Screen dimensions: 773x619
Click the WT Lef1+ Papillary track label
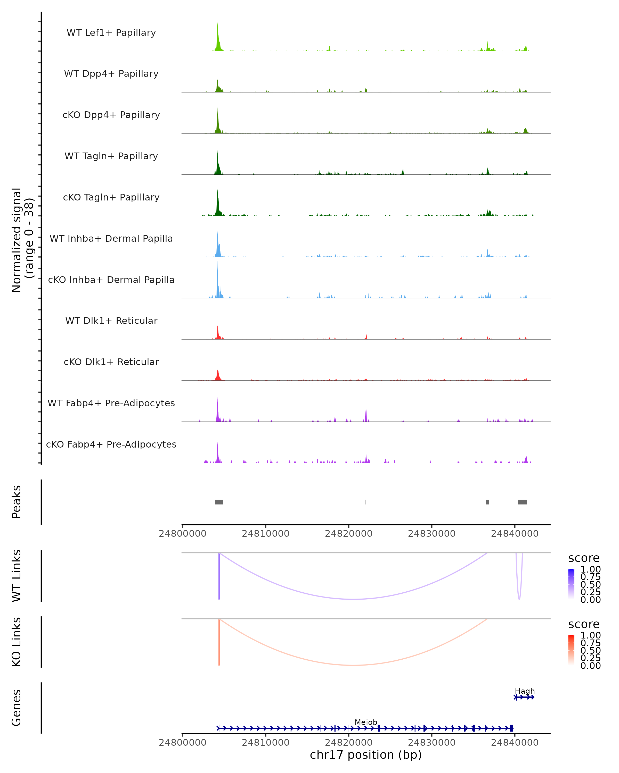click(x=111, y=33)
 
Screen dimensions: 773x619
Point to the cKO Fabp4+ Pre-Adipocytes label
click(x=111, y=444)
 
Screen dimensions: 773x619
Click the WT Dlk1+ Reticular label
click(x=111, y=321)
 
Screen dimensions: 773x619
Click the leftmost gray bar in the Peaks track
click(x=219, y=502)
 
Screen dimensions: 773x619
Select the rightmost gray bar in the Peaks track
click(x=523, y=502)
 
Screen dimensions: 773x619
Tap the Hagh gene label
click(x=525, y=691)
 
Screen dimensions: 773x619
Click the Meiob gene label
click(x=366, y=722)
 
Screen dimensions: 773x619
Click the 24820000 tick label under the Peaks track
click(x=348, y=534)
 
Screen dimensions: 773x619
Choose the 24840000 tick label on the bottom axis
click(x=515, y=743)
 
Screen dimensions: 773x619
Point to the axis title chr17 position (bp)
click(x=366, y=755)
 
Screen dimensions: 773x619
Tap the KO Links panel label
click(x=17, y=642)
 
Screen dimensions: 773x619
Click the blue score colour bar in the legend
click(x=571, y=584)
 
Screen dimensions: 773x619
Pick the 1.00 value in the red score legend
click(x=591, y=636)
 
